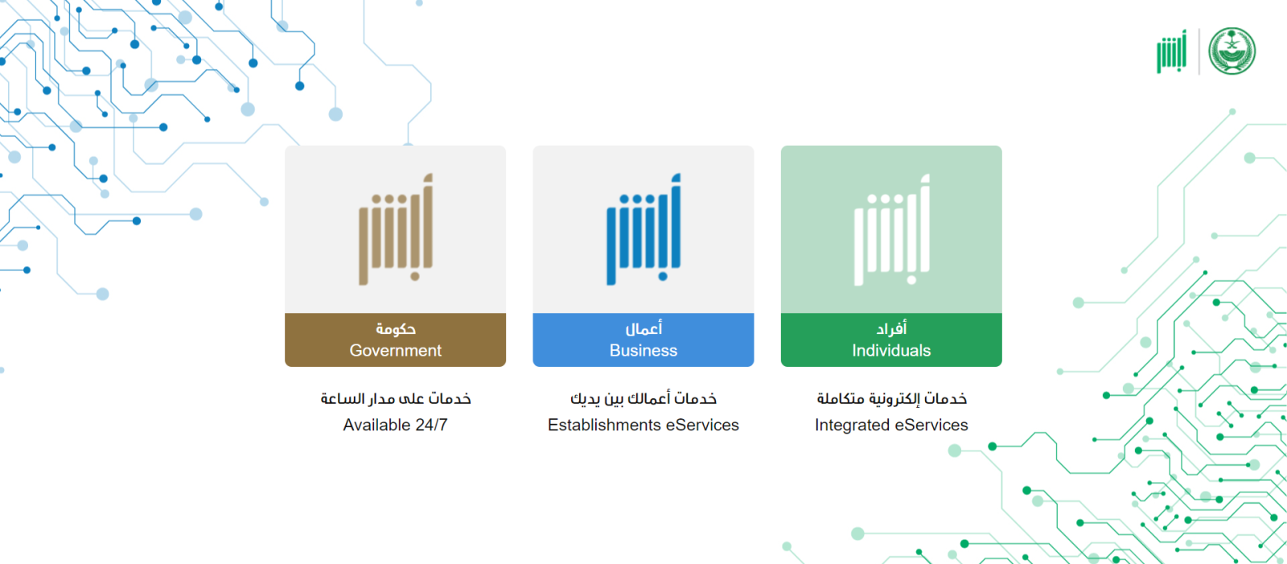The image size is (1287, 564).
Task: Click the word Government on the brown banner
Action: [x=395, y=350]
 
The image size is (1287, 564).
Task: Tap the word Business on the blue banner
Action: [x=643, y=350]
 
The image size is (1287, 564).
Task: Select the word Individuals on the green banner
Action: [x=891, y=350]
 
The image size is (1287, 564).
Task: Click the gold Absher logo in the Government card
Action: [x=396, y=228]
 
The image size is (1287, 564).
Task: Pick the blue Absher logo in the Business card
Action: [x=643, y=228]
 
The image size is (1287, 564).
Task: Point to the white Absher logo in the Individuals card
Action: [x=892, y=228]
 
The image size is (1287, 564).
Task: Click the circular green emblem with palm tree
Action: [x=1231, y=51]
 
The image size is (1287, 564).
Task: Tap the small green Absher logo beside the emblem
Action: [x=1172, y=51]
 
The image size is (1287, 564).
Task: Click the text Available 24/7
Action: [x=395, y=425]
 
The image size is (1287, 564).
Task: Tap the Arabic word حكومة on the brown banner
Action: [x=395, y=329]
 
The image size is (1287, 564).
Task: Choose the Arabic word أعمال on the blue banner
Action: [x=643, y=329]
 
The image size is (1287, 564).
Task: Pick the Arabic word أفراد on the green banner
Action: [x=891, y=329]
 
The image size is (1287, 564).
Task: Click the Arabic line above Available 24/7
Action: [x=395, y=398]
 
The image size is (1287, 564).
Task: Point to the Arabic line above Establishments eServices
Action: [x=643, y=398]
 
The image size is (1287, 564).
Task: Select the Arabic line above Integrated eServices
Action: [x=892, y=398]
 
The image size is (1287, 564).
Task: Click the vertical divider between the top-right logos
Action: [x=1199, y=51]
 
